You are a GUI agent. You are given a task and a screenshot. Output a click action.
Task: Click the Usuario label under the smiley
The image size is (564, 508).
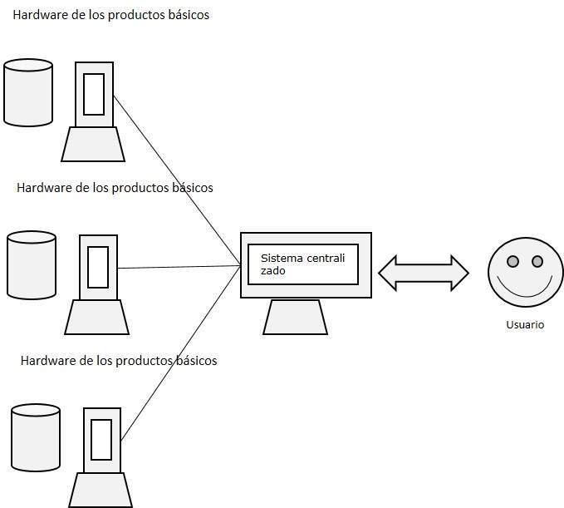pyautogui.click(x=524, y=325)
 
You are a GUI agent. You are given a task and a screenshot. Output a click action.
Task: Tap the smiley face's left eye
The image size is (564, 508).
pyautogui.click(x=513, y=262)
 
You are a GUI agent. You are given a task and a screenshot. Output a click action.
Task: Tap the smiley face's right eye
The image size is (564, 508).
pyautogui.click(x=537, y=262)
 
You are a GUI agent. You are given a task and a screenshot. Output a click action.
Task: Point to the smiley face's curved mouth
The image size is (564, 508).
pyautogui.click(x=525, y=288)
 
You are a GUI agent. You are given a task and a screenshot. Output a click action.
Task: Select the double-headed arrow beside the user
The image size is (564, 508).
pyautogui.click(x=424, y=273)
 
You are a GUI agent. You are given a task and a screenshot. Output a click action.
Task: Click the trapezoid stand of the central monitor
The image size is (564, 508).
pyautogui.click(x=295, y=317)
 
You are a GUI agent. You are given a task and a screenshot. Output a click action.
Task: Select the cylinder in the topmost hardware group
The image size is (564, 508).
pyautogui.click(x=28, y=92)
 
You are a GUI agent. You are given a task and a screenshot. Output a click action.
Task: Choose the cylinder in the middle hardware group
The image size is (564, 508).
pyautogui.click(x=32, y=265)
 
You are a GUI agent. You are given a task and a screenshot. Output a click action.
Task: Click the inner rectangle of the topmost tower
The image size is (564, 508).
pyautogui.click(x=94, y=94)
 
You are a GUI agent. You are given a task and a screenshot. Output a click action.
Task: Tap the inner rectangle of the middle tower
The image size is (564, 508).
pyautogui.click(x=98, y=267)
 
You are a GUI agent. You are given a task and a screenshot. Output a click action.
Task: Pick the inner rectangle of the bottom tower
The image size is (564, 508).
pyautogui.click(x=101, y=439)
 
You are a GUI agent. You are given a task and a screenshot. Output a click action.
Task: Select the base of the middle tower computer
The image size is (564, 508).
pyautogui.click(x=96, y=316)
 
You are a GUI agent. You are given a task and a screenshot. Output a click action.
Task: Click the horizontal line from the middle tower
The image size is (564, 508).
pyautogui.click(x=179, y=268)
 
